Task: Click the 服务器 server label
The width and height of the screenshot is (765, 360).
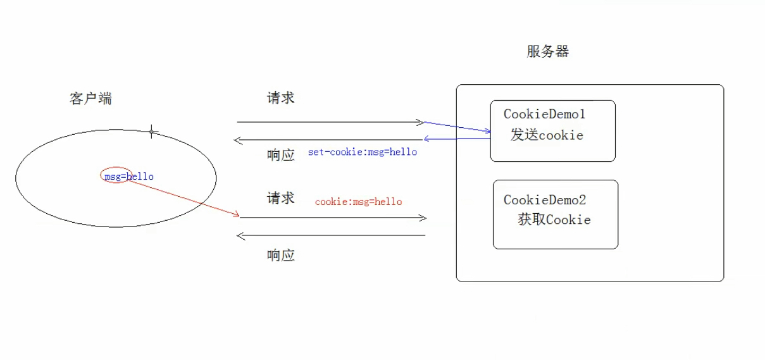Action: point(547,52)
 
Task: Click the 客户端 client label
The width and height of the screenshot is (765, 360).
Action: point(90,99)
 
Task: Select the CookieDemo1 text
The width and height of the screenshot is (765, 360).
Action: point(544,115)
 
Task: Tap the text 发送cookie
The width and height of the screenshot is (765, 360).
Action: point(547,135)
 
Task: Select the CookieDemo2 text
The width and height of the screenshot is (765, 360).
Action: point(545,200)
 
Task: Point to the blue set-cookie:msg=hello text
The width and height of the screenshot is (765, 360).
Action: point(363,152)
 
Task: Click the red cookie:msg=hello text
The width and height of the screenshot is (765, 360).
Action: point(358,202)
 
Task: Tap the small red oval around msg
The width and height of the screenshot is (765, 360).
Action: point(116,175)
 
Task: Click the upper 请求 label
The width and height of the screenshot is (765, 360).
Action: point(280,98)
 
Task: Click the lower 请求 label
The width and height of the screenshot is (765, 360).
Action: point(280,198)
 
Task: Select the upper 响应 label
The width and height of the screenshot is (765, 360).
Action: point(280,155)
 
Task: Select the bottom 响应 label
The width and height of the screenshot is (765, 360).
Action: point(280,256)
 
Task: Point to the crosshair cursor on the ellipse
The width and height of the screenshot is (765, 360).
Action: point(151,132)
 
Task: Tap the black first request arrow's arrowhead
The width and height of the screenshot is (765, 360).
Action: point(421,122)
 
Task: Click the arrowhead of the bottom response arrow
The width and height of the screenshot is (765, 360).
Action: point(240,235)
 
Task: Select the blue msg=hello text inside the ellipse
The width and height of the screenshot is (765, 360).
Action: point(129,177)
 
